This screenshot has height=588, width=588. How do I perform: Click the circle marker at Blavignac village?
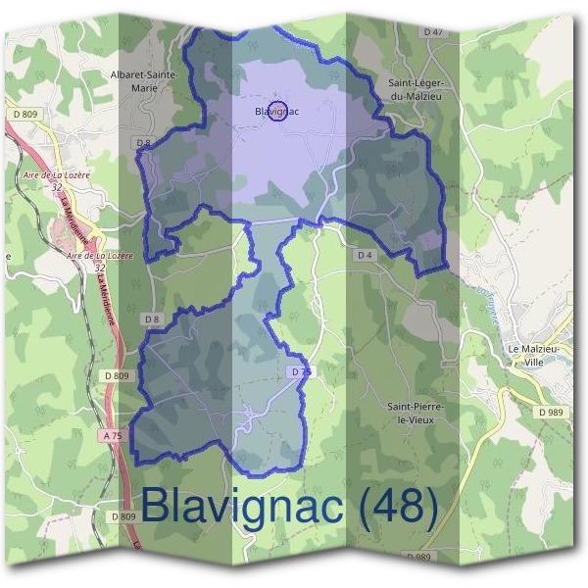click(x=276, y=112)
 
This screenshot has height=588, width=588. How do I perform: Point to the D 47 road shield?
click(x=433, y=32)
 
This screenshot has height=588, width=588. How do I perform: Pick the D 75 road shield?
click(x=301, y=372)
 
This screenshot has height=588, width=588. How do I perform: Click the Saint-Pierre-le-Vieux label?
click(x=416, y=412)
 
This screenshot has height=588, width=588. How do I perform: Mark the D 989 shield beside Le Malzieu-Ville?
click(x=551, y=413)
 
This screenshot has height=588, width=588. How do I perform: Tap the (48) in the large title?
click(x=396, y=506)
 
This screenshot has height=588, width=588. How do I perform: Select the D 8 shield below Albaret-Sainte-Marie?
click(x=145, y=143)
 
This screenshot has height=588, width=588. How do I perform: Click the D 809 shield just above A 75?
click(x=116, y=375)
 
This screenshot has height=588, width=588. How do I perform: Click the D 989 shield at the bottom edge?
click(x=417, y=557)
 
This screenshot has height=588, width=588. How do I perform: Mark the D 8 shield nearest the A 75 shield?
click(x=151, y=319)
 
